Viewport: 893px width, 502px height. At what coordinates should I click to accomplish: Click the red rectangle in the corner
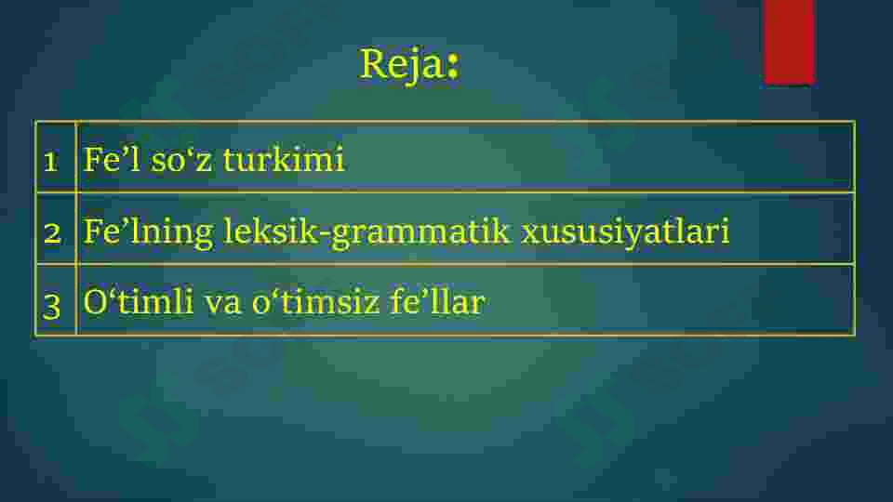pyautogui.click(x=789, y=41)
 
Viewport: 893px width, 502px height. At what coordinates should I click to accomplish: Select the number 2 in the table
pyautogui.click(x=53, y=231)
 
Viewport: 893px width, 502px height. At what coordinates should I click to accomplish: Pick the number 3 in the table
pyautogui.click(x=53, y=303)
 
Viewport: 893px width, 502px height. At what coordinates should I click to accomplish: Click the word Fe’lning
pyautogui.click(x=149, y=231)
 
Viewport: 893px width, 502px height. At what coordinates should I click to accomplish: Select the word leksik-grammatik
pyautogui.click(x=367, y=231)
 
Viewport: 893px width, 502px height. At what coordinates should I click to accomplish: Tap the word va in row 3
pyautogui.click(x=224, y=303)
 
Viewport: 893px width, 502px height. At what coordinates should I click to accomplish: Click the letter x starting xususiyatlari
pyautogui.click(x=530, y=232)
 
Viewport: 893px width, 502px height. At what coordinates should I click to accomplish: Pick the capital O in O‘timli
pyautogui.click(x=95, y=302)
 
